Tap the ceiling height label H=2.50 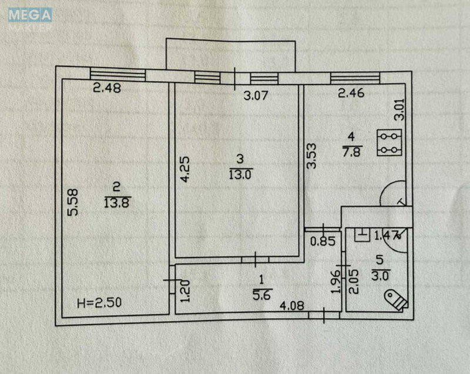tap(100, 303)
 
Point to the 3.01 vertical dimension tap(398, 109)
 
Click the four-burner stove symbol tap(387, 143)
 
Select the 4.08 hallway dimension tap(291, 305)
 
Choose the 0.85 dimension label tap(320, 240)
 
